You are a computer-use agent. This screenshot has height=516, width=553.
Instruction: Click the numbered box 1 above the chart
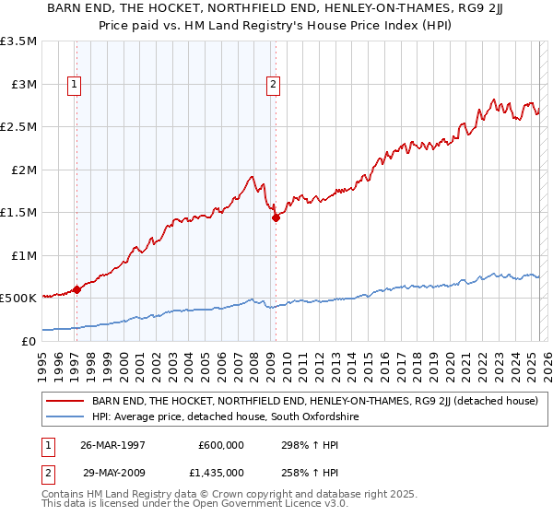74,85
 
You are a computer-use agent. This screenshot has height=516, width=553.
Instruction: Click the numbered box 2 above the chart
274,85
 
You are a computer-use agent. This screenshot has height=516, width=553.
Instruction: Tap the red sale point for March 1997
76,289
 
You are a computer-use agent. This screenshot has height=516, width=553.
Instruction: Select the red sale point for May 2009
275,218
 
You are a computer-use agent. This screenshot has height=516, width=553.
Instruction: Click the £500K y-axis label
18,299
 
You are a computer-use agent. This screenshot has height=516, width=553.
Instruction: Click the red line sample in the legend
66,401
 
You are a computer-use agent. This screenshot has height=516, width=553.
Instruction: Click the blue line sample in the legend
66,417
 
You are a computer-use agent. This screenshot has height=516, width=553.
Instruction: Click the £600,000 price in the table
221,444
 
